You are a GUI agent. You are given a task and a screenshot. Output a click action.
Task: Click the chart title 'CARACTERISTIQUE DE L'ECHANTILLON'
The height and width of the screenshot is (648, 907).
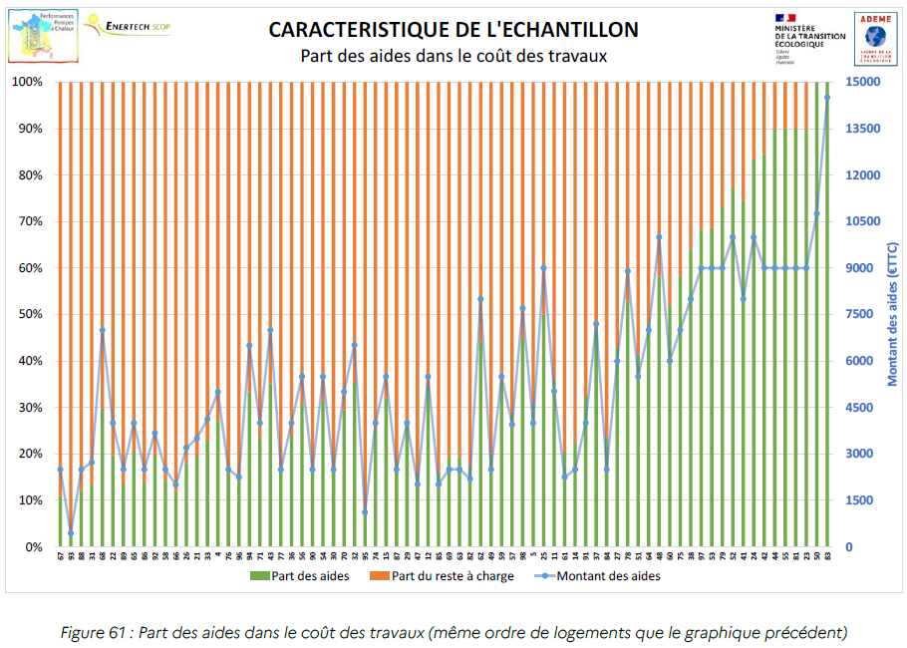(x=453, y=29)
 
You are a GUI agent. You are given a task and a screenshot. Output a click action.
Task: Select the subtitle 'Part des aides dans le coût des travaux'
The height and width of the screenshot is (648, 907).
(x=453, y=56)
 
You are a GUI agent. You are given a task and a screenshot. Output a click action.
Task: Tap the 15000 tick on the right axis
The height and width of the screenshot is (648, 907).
(x=863, y=82)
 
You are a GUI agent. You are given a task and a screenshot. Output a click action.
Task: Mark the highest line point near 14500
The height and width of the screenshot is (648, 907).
(x=827, y=98)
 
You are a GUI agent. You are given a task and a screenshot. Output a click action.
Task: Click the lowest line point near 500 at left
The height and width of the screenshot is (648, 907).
(x=71, y=532)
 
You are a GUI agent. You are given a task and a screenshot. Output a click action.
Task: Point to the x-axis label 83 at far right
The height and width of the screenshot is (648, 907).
(x=827, y=555)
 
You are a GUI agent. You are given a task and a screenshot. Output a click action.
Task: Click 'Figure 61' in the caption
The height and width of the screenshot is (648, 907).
(x=95, y=631)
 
